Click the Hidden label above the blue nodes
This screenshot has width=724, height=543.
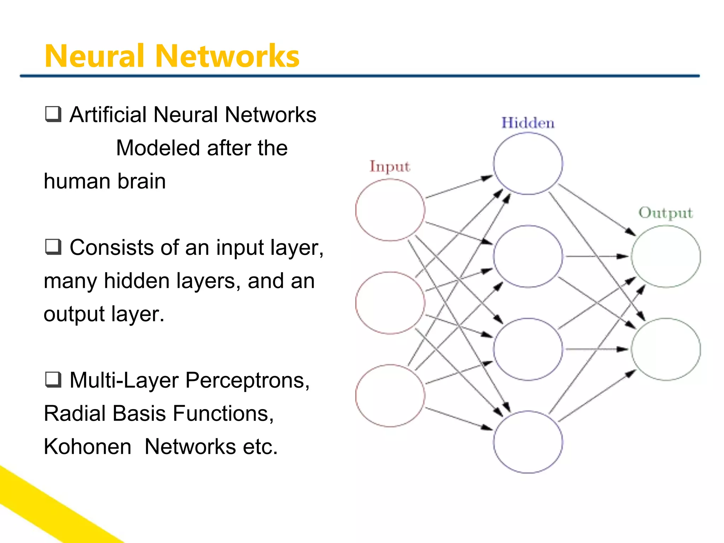coord(528,123)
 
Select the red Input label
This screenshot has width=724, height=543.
coord(390,167)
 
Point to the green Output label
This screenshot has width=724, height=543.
coord(665,213)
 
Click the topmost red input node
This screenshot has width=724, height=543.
coord(390,210)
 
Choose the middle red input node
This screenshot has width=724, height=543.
coord(390,303)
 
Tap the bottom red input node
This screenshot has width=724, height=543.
coord(390,396)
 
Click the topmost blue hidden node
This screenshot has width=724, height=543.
coord(528,163)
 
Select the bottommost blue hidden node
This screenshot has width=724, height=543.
coord(528,442)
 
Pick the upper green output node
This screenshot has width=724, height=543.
coord(666,256)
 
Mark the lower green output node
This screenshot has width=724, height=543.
coord(666,349)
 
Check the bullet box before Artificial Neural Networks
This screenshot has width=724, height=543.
coord(53,114)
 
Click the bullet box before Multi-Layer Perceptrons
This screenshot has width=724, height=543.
coord(53,380)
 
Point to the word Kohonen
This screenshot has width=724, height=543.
coord(88,446)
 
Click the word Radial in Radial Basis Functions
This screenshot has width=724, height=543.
coord(75,413)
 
